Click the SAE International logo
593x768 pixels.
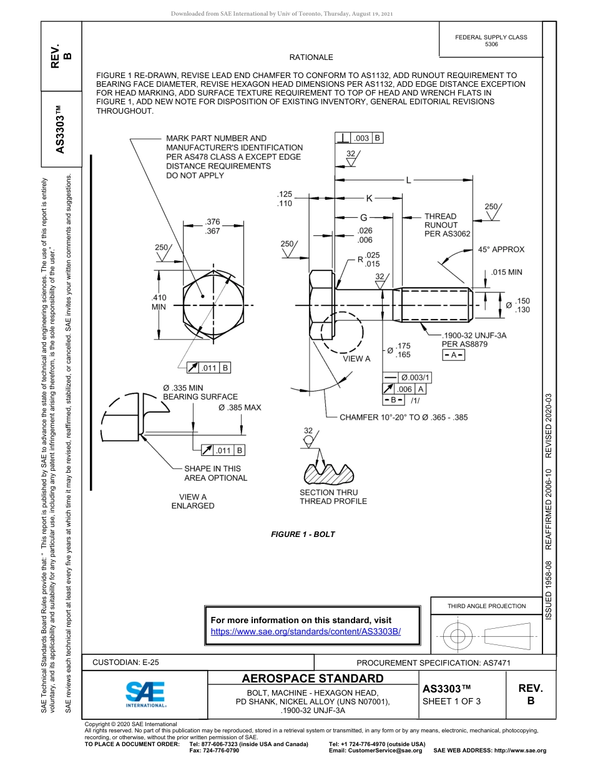(145, 693)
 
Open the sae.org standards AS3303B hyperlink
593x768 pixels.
(306, 631)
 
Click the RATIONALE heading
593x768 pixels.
(311, 57)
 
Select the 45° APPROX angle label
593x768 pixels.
(501, 249)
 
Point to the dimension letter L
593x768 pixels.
(409, 180)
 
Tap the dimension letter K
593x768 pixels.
(369, 199)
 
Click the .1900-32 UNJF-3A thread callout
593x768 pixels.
(474, 335)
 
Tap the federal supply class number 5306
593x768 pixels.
(491, 44)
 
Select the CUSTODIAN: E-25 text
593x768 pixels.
(130, 662)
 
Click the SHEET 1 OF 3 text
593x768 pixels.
(452, 701)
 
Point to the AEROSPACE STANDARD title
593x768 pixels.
(313, 679)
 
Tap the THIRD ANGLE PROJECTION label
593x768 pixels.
(486, 606)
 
